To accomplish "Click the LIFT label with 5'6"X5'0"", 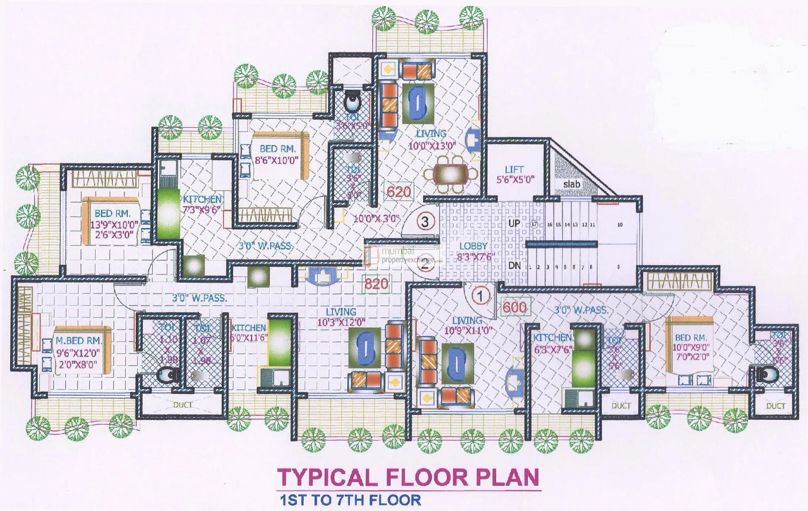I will pyautogui.click(x=515, y=174).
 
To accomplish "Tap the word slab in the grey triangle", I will pyautogui.click(x=572, y=184).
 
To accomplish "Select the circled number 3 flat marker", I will pyautogui.click(x=425, y=222).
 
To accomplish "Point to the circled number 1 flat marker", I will pyautogui.click(x=480, y=296).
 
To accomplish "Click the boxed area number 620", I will pyautogui.click(x=399, y=192).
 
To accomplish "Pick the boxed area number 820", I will pyautogui.click(x=376, y=284).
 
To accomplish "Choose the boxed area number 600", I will pyautogui.click(x=515, y=307).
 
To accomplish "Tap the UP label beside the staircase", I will pyautogui.click(x=514, y=223).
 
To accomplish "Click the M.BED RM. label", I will pyautogui.click(x=79, y=341).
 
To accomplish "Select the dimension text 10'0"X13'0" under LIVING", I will pyautogui.click(x=432, y=146).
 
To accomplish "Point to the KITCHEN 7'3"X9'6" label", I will pyautogui.click(x=202, y=204).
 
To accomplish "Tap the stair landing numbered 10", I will pyautogui.click(x=620, y=225).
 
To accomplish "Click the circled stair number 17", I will pyautogui.click(x=535, y=224).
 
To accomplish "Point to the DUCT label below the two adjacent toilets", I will pyautogui.click(x=182, y=405).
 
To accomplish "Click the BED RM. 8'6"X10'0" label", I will pyautogui.click(x=277, y=154).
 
